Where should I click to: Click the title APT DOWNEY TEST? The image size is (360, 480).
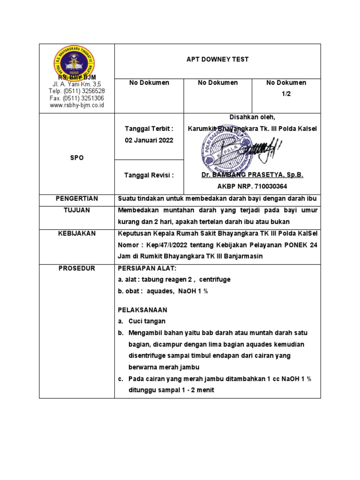click(217, 60)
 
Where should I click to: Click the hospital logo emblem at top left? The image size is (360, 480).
click(77, 62)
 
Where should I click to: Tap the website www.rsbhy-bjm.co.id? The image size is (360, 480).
click(77, 106)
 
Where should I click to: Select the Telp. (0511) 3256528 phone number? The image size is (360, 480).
click(77, 91)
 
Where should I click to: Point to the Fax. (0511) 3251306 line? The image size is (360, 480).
click(77, 98)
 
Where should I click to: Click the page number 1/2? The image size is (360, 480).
click(286, 94)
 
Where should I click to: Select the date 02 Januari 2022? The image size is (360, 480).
click(149, 140)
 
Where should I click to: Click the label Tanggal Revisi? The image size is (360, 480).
click(149, 175)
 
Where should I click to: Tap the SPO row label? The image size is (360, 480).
click(77, 158)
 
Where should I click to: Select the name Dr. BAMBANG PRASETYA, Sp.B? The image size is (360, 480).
click(252, 175)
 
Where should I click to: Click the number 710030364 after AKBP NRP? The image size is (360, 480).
click(270, 186)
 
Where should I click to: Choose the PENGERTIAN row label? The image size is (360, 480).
click(77, 199)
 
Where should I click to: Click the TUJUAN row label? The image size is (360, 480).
click(77, 210)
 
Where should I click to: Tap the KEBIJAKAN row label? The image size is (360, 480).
click(77, 233)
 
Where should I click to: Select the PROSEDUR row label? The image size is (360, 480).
click(77, 268)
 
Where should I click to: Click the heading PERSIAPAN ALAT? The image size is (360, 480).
click(147, 268)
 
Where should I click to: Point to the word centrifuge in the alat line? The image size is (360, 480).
click(215, 279)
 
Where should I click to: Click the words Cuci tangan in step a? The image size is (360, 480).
click(147, 321)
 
